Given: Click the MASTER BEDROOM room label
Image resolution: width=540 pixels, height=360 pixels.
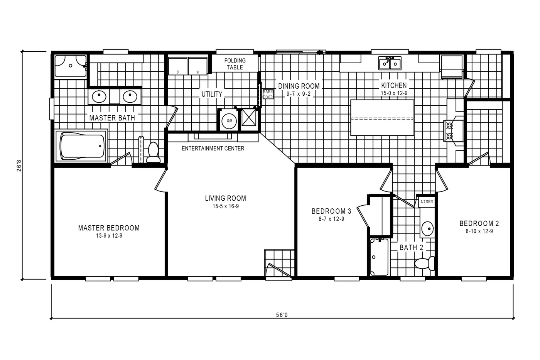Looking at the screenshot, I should [x=109, y=228].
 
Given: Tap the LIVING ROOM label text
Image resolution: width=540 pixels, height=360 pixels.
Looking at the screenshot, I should [x=225, y=198].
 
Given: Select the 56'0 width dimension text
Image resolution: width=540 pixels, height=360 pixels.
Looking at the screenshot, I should [x=282, y=314].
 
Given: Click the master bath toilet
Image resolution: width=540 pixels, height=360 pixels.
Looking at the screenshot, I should [x=153, y=153].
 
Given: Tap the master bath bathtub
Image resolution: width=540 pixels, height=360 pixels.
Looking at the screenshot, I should [x=82, y=146].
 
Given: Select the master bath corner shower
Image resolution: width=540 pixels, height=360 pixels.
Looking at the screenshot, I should [x=70, y=66].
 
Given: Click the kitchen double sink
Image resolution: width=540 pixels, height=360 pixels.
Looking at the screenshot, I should [x=390, y=63].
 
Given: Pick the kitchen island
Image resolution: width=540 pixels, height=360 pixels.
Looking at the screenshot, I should [x=382, y=118].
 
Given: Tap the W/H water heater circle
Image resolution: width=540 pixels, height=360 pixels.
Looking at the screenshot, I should [x=229, y=121].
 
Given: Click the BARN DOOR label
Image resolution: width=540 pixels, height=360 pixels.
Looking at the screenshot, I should [x=268, y=94].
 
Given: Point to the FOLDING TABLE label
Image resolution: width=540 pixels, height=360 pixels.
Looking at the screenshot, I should [x=235, y=64].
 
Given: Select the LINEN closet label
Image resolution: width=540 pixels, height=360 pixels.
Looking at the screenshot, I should [x=427, y=202].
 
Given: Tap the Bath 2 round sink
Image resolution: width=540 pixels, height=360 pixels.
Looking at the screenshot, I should [x=427, y=228].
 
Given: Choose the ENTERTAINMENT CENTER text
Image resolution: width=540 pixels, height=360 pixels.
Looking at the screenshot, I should [x=213, y=148].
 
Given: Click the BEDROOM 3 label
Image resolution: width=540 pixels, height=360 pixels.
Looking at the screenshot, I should [x=331, y=211].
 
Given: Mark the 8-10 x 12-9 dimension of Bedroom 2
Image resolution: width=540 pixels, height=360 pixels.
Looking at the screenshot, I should [x=479, y=231].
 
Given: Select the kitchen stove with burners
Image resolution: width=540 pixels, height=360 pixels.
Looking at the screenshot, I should [x=450, y=130].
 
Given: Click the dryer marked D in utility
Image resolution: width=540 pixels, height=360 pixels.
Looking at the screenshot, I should [x=178, y=66].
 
